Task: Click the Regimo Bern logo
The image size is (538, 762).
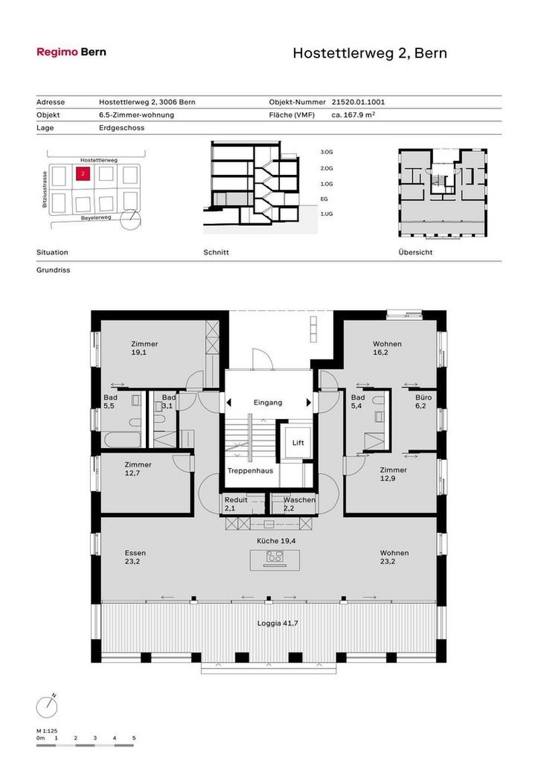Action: (71, 52)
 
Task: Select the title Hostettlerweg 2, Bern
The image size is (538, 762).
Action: (369, 53)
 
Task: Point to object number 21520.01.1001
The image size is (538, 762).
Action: (358, 102)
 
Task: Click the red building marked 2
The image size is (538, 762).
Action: (82, 174)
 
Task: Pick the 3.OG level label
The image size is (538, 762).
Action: (327, 153)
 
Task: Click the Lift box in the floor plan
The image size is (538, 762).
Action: (299, 443)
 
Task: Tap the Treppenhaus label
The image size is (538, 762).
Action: (249, 471)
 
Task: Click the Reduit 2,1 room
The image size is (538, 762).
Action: (236, 504)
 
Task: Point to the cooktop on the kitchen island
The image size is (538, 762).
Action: (274, 556)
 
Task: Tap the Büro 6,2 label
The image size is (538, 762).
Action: (423, 402)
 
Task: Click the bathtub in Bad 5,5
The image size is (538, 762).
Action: (122, 441)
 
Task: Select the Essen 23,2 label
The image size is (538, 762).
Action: (135, 557)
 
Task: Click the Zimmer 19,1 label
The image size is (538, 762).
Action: (145, 348)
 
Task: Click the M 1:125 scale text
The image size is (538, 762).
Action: (47, 730)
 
